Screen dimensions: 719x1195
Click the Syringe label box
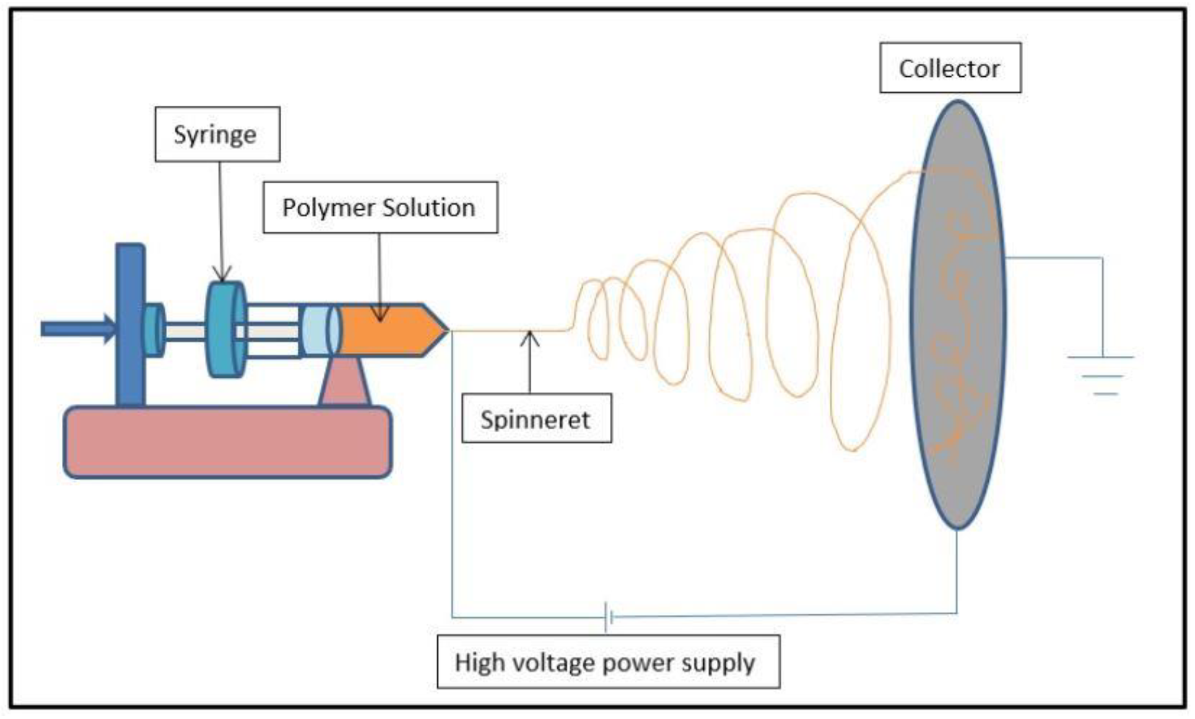tap(217, 134)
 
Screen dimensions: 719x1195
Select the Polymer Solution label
tap(380, 207)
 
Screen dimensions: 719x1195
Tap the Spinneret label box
tap(536, 419)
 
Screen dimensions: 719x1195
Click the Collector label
tap(950, 68)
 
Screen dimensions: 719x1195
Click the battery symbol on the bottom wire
tap(608, 616)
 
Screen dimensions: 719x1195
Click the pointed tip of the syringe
tap(445, 330)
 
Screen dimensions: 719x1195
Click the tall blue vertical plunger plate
tap(131, 325)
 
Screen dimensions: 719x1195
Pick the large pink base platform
tap(227, 442)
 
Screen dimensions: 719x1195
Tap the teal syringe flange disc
tap(225, 329)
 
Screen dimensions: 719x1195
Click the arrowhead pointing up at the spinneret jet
tap(529, 338)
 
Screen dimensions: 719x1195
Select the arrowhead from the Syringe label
tap(222, 274)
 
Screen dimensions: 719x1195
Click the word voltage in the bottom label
tap(557, 662)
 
